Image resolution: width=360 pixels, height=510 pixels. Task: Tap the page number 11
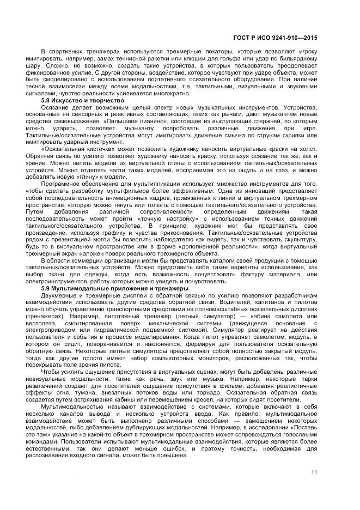(x=315, y=472)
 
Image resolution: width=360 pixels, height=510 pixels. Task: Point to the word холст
(x=308, y=149)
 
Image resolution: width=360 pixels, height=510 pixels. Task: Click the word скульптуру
(x=300, y=239)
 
